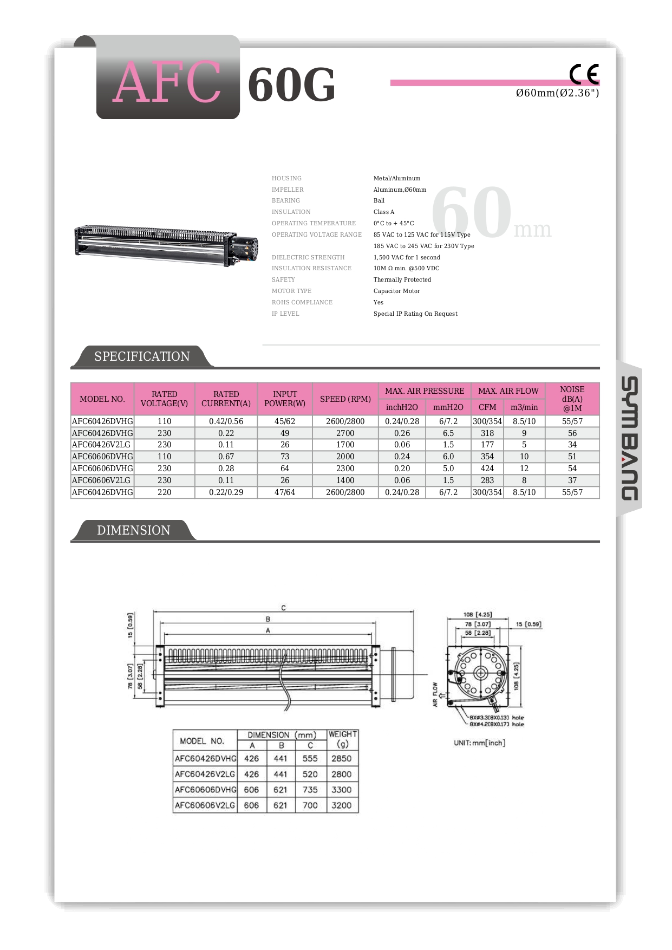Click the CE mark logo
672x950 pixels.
[x=584, y=74]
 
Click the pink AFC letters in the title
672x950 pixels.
[x=167, y=82]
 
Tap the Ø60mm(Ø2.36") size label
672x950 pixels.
[x=557, y=93]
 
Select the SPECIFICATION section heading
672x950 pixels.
[x=142, y=356]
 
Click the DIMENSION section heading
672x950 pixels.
[x=133, y=530]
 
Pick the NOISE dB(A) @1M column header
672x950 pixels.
[x=572, y=399]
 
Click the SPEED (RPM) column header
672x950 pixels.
[x=345, y=399]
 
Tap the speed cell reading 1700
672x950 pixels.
[x=345, y=445]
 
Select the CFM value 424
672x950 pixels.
[x=487, y=469]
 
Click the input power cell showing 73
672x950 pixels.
[x=285, y=457]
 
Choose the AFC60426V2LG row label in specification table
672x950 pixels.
[x=102, y=445]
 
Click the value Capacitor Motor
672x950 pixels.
[x=396, y=291]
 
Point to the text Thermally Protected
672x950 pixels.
[x=402, y=279]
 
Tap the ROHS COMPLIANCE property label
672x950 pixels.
[x=302, y=302]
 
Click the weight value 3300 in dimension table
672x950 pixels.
[x=341, y=790]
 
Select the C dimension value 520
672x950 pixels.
[x=310, y=774]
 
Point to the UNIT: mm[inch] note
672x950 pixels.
[x=479, y=743]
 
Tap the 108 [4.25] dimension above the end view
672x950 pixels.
[x=477, y=615]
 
